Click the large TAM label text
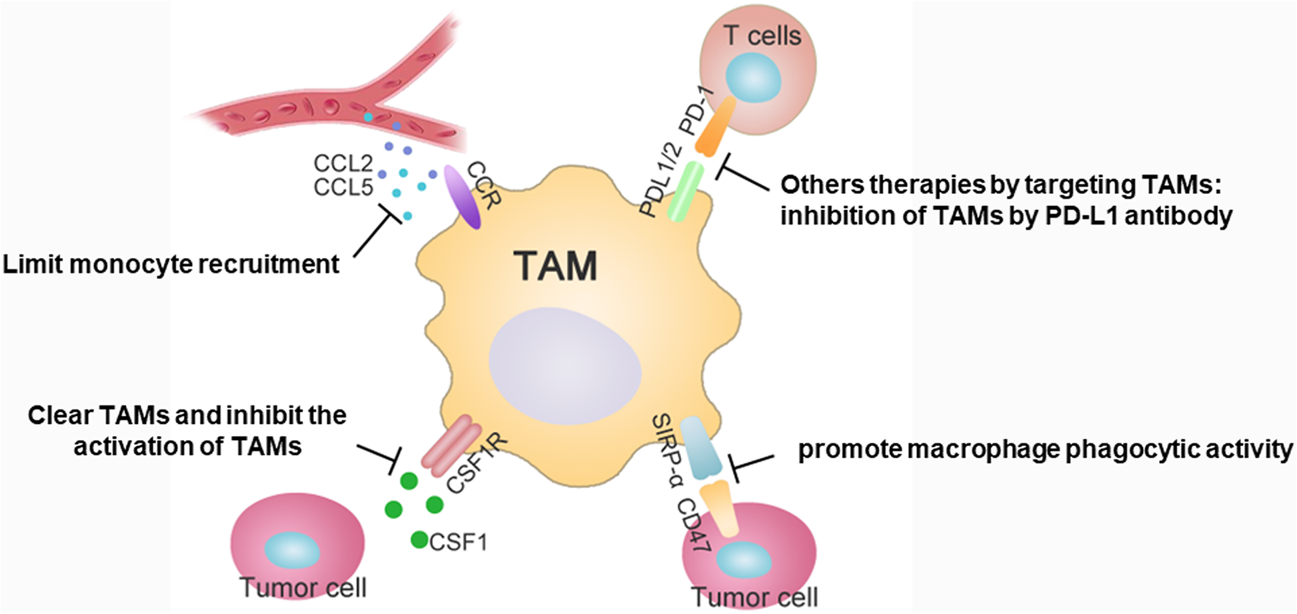coord(555,266)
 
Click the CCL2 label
coord(343,163)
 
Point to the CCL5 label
coord(343,188)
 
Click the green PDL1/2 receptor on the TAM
coord(686,191)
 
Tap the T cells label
coord(762,35)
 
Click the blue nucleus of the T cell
coord(753,77)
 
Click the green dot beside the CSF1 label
coord(419,540)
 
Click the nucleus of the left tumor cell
coord(293,551)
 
